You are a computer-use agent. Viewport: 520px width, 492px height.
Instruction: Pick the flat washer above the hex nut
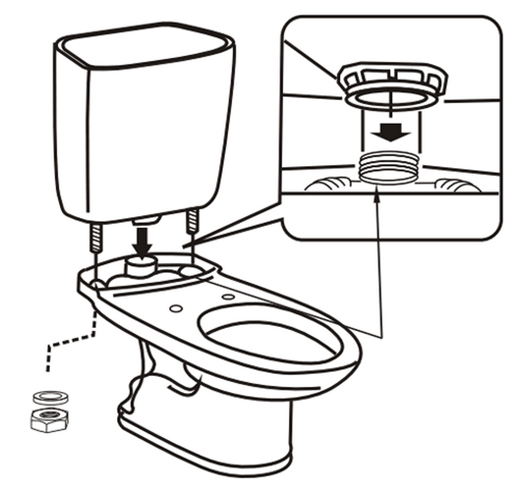coord(51,397)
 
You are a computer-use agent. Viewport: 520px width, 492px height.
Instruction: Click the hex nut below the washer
coord(49,419)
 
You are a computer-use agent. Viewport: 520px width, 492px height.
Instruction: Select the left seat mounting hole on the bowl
coord(175,308)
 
